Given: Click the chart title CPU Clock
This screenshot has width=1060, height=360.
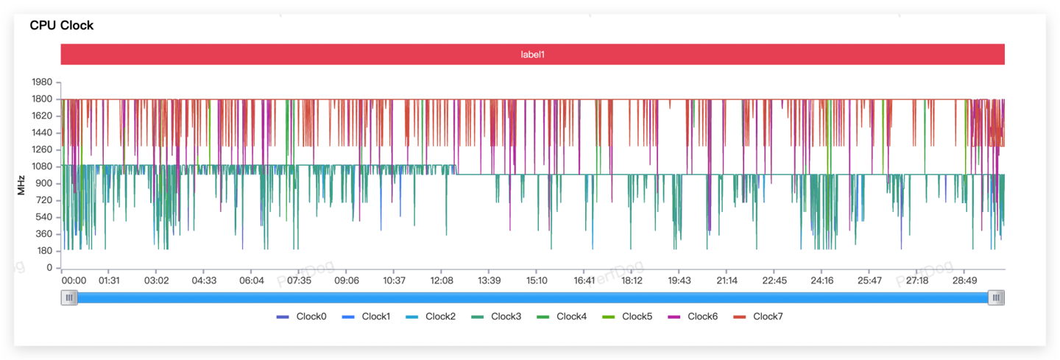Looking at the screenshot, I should pos(62,26).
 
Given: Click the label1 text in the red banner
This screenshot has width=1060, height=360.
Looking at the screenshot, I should pos(532,54).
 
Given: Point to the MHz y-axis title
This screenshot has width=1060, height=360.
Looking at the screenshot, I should pos(22,185).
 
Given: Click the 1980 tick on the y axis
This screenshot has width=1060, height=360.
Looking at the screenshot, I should pos(41,82).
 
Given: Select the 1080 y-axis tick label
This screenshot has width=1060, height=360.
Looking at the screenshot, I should pos(41,167).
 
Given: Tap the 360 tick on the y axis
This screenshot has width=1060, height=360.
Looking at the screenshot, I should pos(44,234).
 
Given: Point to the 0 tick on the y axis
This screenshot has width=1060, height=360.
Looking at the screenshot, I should pos(49,268).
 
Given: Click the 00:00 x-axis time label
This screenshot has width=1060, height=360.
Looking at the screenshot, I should pos(74,280).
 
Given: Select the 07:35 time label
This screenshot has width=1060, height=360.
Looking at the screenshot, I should pos(299,280).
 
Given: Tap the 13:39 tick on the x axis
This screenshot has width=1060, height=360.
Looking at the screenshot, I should pos(489,280).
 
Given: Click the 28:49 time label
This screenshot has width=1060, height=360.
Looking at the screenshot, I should pos(964,280).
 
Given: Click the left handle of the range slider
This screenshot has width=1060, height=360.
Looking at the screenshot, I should pos(69,297).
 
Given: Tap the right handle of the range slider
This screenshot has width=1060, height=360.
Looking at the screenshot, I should pos(996,297).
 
